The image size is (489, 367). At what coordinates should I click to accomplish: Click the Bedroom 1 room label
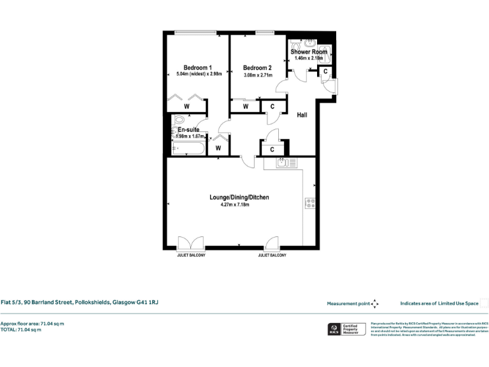point(197,68)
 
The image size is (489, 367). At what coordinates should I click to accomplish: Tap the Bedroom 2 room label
point(257,68)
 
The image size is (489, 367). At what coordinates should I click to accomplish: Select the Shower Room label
point(309,52)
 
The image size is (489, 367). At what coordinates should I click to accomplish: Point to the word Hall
point(302,115)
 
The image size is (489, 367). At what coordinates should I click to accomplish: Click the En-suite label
point(188,129)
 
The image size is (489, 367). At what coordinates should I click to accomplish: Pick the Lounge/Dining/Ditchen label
point(239,198)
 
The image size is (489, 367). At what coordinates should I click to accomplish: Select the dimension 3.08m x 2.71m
point(257,75)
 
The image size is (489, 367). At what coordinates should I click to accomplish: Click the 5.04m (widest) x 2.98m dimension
point(197,75)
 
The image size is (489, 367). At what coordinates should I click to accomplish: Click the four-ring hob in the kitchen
point(311,203)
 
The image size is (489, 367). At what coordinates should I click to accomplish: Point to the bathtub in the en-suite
point(188,150)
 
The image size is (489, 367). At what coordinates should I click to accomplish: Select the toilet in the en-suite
point(178,120)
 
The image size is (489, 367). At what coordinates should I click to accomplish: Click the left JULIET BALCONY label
point(190,255)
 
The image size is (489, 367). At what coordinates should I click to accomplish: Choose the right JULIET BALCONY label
point(272,255)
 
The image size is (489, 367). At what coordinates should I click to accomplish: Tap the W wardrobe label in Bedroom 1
point(187,107)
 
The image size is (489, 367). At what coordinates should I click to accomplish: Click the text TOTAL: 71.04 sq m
point(21,330)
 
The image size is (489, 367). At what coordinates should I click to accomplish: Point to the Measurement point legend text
point(348,304)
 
